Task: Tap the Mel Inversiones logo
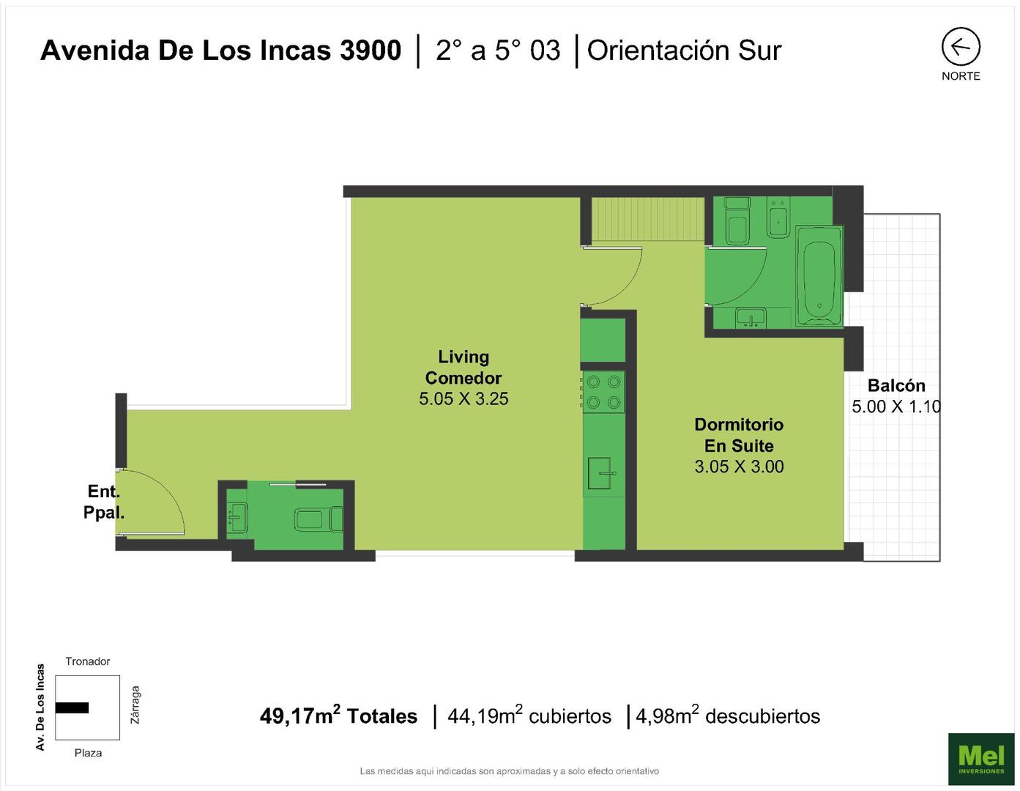pyautogui.click(x=981, y=759)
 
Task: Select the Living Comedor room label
pyautogui.click(x=464, y=367)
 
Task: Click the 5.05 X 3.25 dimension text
pyautogui.click(x=464, y=398)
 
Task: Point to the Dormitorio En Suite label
pyautogui.click(x=739, y=435)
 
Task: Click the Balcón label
pyautogui.click(x=896, y=385)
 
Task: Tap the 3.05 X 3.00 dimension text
pyautogui.click(x=739, y=466)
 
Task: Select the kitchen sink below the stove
pyautogui.click(x=600, y=473)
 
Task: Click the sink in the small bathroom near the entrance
pyautogui.click(x=237, y=518)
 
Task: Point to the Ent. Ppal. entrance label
pyautogui.click(x=104, y=502)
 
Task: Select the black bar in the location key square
pyautogui.click(x=72, y=708)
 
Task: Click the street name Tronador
pyautogui.click(x=88, y=661)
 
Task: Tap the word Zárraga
pyautogui.click(x=135, y=705)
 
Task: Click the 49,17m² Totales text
pyautogui.click(x=338, y=715)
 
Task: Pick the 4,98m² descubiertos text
pyautogui.click(x=728, y=715)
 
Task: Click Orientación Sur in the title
pyautogui.click(x=685, y=51)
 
